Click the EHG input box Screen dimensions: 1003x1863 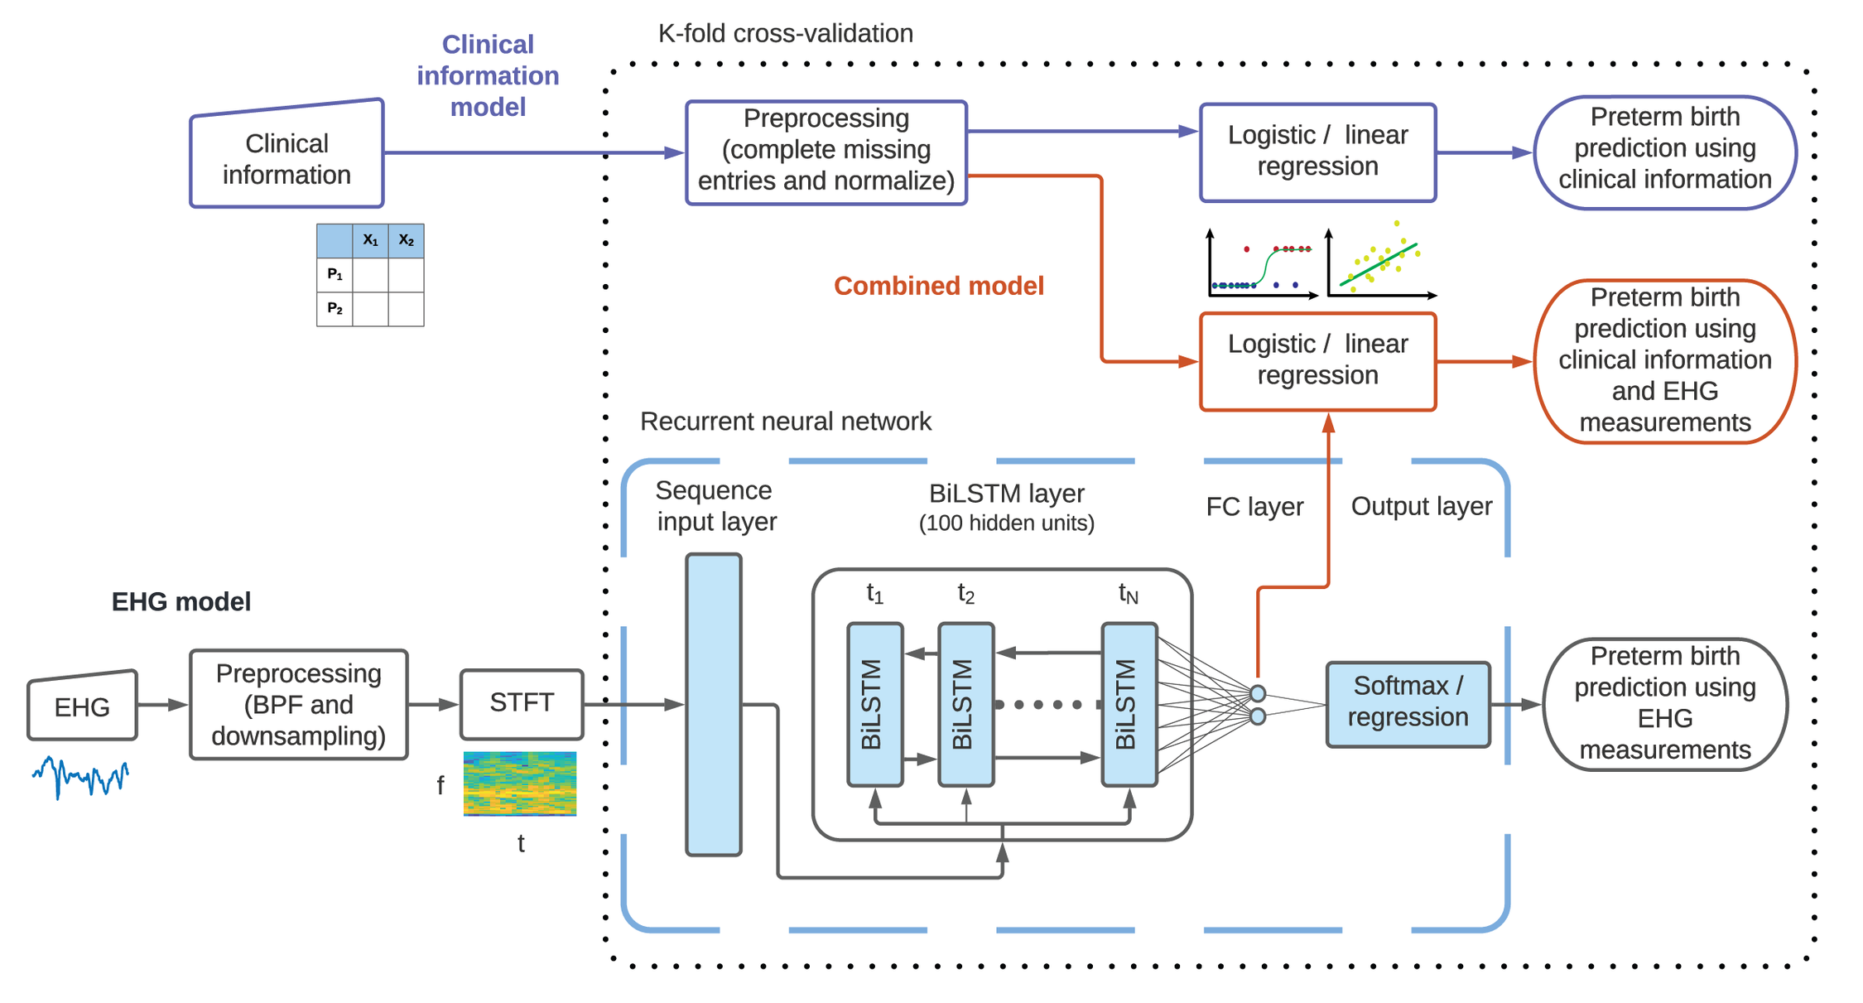(82, 706)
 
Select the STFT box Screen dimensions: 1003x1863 (521, 703)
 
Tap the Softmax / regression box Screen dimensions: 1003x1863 (1407, 703)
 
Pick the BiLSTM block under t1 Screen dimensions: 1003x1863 (874, 704)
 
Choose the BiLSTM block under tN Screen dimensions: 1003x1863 (1128, 704)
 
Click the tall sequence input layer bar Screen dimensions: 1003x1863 (713, 704)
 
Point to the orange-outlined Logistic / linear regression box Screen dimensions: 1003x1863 (1317, 360)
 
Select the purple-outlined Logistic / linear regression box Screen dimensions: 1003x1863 (1317, 152)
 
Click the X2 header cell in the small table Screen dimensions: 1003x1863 (406, 240)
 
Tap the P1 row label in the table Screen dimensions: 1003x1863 (335, 274)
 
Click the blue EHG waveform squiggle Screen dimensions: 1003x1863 (80, 777)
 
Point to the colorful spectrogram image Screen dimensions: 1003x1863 (519, 783)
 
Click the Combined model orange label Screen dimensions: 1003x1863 (937, 286)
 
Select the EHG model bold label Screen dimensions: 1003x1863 (181, 601)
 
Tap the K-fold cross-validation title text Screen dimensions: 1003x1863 (784, 33)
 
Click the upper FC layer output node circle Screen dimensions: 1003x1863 (1257, 692)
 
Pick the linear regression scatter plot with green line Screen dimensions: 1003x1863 (1380, 261)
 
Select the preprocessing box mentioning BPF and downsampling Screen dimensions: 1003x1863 (298, 704)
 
